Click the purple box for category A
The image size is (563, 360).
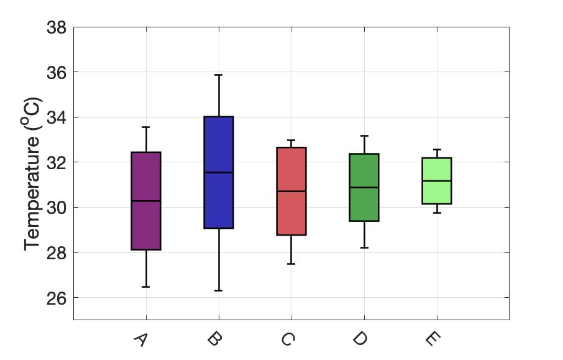(x=146, y=201)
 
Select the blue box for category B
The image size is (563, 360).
(x=219, y=172)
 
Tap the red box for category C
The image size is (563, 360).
(x=291, y=191)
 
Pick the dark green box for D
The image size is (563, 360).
(x=364, y=187)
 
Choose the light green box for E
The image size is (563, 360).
(x=437, y=181)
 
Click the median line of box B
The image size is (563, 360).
(x=219, y=172)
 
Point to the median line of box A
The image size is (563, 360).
(x=146, y=201)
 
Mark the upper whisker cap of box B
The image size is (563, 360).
(x=219, y=75)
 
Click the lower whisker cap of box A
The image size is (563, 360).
(x=146, y=287)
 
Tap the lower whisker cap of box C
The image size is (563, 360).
(x=291, y=264)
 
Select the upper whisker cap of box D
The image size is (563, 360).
(x=364, y=136)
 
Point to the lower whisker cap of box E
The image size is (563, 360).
(x=437, y=213)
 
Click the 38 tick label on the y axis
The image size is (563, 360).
(x=57, y=27)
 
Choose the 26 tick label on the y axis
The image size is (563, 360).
(x=57, y=298)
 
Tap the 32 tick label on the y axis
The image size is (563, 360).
(x=57, y=162)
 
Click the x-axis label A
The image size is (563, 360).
(x=140, y=339)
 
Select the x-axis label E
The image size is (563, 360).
(x=433, y=338)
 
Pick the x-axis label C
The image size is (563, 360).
(x=287, y=339)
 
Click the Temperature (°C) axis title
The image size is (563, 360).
(x=31, y=174)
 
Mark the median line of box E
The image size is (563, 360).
(x=437, y=181)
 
